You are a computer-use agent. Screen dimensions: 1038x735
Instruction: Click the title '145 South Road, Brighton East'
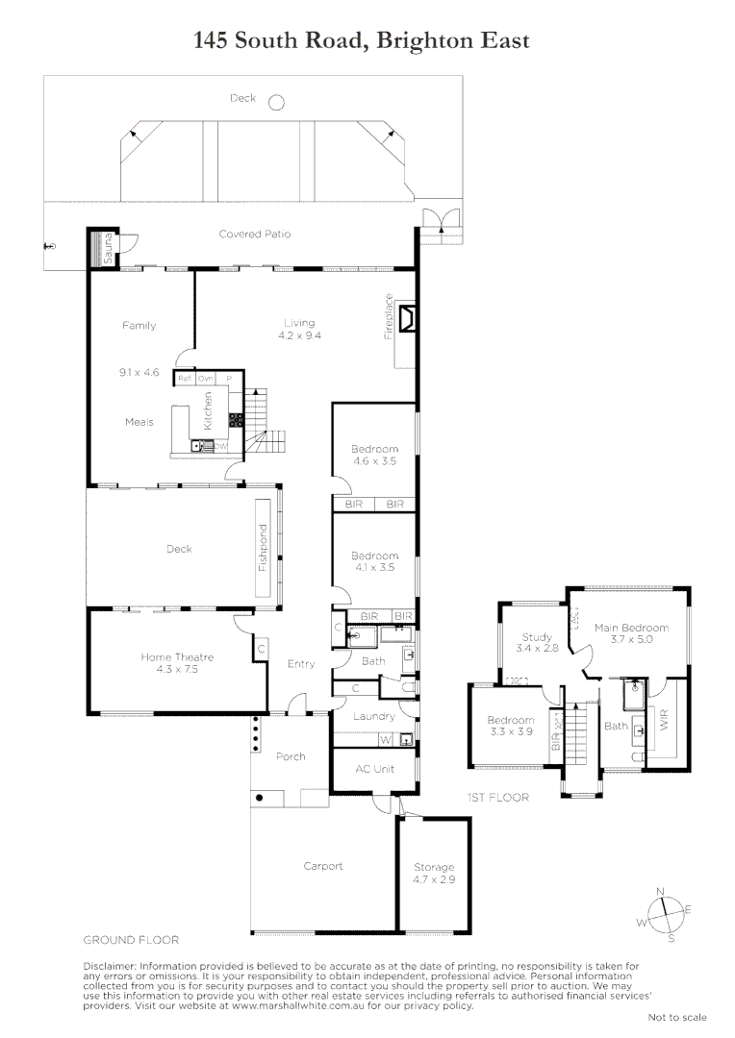[361, 40]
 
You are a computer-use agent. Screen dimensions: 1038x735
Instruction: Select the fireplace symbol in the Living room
[407, 316]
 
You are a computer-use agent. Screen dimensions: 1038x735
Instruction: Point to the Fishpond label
[262, 549]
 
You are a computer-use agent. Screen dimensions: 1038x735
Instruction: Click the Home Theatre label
[176, 657]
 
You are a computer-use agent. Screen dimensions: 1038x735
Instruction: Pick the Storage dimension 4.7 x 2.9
[433, 879]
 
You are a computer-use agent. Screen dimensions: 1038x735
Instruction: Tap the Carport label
[323, 866]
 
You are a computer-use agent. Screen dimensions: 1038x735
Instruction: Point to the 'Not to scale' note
[676, 1017]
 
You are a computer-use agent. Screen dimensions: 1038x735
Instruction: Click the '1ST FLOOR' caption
[496, 797]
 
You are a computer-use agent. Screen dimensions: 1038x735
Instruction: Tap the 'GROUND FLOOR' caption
[131, 939]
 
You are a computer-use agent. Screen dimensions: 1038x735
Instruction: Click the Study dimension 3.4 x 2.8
[536, 649]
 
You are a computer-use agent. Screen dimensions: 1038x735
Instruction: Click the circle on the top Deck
[276, 102]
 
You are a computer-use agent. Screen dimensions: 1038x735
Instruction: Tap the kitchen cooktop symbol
[235, 419]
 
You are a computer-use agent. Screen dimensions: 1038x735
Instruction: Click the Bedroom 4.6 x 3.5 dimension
[374, 461]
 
